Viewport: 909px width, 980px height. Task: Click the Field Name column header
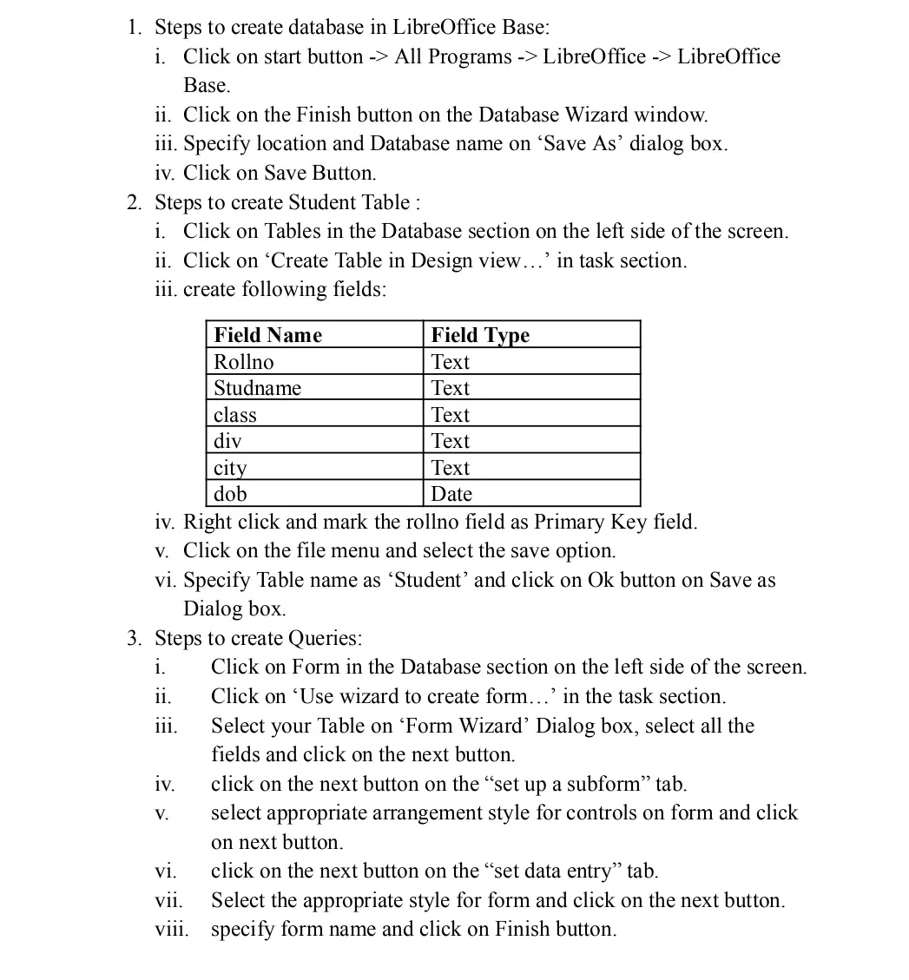click(x=267, y=335)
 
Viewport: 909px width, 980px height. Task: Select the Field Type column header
click(x=480, y=335)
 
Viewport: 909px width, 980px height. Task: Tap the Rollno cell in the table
click(x=244, y=362)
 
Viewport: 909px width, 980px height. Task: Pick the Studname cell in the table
click(x=257, y=388)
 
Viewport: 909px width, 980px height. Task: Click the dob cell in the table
click(x=231, y=494)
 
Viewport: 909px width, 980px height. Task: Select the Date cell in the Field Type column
click(x=451, y=494)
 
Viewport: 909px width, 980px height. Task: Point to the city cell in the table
click(x=231, y=468)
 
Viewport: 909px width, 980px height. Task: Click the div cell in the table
click(x=227, y=441)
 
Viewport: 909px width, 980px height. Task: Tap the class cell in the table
click(x=235, y=415)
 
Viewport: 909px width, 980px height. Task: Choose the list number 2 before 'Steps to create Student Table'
click(x=134, y=202)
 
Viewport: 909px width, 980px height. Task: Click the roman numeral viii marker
click(x=172, y=929)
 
